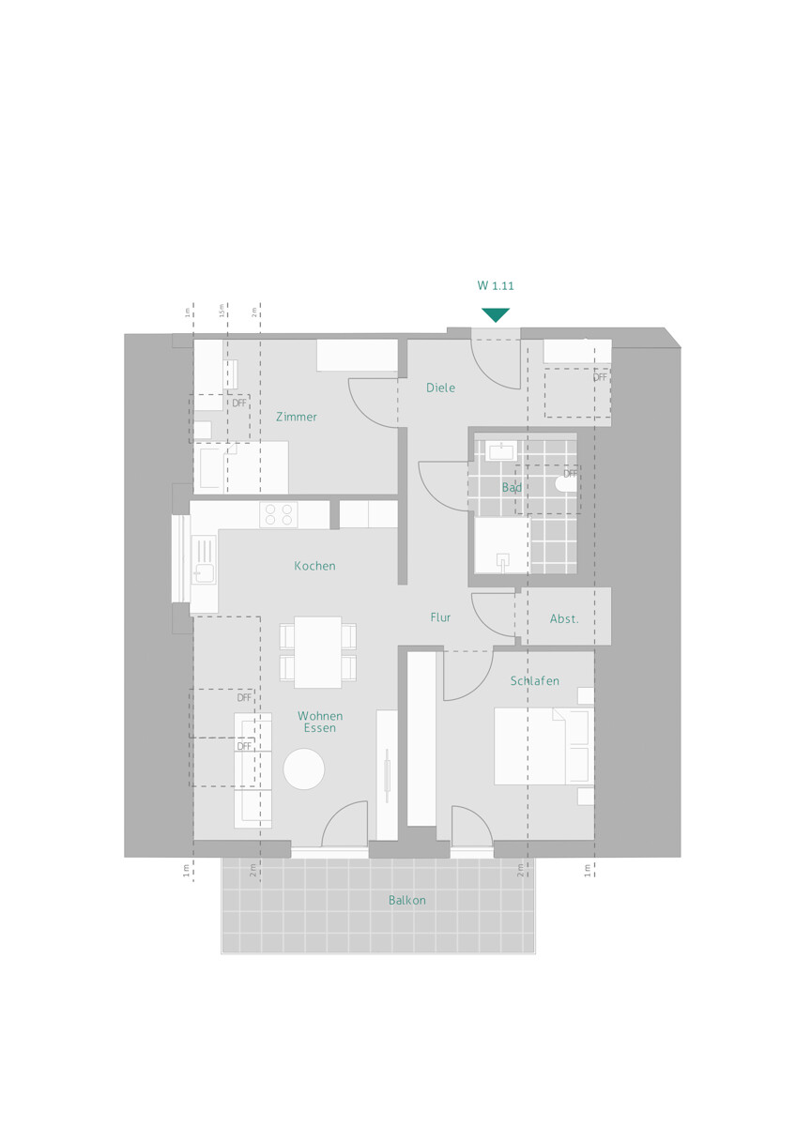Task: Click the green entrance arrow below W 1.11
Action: pyautogui.click(x=496, y=314)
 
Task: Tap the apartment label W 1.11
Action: pyautogui.click(x=496, y=286)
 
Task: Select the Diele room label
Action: pyautogui.click(x=440, y=388)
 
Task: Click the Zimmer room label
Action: pyautogui.click(x=297, y=417)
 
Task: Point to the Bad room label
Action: pyautogui.click(x=512, y=488)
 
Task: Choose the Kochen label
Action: pyautogui.click(x=314, y=566)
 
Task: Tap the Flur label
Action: pyautogui.click(x=441, y=617)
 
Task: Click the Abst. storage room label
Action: pyautogui.click(x=564, y=619)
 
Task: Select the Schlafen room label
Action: pyautogui.click(x=535, y=681)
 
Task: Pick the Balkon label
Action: pyautogui.click(x=407, y=901)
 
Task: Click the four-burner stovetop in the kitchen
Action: pyautogui.click(x=279, y=514)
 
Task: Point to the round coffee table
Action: pyautogui.click(x=304, y=769)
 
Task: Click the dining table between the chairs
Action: pyautogui.click(x=317, y=652)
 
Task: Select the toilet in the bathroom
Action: pyautogui.click(x=566, y=484)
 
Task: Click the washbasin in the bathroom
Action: pyautogui.click(x=501, y=450)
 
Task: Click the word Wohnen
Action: pyautogui.click(x=320, y=716)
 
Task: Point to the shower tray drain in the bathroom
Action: pyautogui.click(x=502, y=560)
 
